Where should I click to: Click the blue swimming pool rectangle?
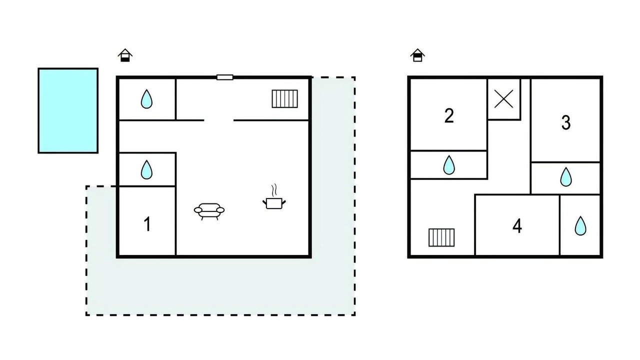pyautogui.click(x=68, y=110)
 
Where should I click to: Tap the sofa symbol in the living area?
pyautogui.click(x=209, y=211)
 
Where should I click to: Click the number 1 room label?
pyautogui.click(x=147, y=224)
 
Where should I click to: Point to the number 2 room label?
pyautogui.click(x=449, y=115)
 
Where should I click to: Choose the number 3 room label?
pyautogui.click(x=565, y=122)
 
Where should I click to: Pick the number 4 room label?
pyautogui.click(x=517, y=226)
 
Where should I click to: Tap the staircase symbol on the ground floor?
pyautogui.click(x=284, y=99)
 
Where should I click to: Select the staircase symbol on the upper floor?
pyautogui.click(x=441, y=237)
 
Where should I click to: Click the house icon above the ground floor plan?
pyautogui.click(x=125, y=55)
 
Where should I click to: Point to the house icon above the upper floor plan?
pyautogui.click(x=417, y=55)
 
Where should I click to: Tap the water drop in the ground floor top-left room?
pyautogui.click(x=146, y=99)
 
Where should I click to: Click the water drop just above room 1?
pyautogui.click(x=146, y=169)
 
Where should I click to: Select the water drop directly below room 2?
pyautogui.click(x=449, y=165)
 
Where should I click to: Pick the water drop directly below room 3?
pyautogui.click(x=565, y=177)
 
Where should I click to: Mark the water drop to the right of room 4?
pyautogui.click(x=580, y=226)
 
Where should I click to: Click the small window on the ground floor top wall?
pyautogui.click(x=225, y=77)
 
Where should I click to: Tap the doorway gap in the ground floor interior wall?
pyautogui.click(x=219, y=120)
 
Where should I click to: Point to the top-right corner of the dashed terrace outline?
pyautogui.click(x=355, y=77)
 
